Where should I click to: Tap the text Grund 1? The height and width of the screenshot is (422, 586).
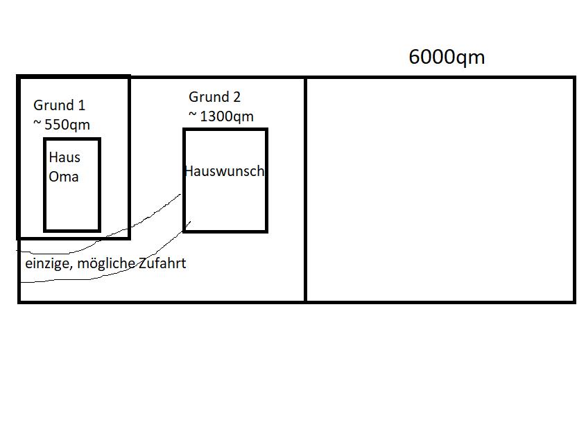coord(60,105)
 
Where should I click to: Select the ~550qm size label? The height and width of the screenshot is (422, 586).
coord(62,125)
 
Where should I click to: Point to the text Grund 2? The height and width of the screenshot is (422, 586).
coord(214,97)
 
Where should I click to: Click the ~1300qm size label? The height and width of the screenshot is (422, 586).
coord(221,116)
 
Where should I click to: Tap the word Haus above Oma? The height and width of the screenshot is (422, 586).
coord(64,157)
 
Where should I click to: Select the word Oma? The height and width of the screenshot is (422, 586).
coord(64,177)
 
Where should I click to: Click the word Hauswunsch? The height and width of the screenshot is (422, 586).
coord(225,171)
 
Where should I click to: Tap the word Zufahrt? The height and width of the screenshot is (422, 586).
coord(162,263)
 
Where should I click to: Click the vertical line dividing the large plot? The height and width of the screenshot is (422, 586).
coord(306,190)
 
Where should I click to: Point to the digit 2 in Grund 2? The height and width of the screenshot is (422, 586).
coord(236,97)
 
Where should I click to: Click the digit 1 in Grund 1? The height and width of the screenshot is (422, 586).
coord(81,105)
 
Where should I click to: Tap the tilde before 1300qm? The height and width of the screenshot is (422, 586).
coord(193,114)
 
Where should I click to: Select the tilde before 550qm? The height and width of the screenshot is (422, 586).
coord(37,123)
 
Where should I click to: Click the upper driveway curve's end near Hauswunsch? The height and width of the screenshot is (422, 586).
coord(180,194)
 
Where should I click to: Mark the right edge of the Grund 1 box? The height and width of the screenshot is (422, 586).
coord(129,157)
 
